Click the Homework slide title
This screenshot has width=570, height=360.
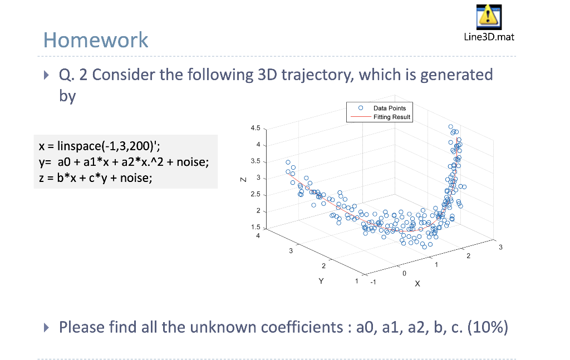96,40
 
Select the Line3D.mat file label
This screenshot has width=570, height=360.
488,37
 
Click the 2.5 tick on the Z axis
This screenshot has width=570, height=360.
255,194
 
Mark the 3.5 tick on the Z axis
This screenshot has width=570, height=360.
255,161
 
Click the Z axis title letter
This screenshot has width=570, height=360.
242,179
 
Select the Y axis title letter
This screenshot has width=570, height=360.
320,281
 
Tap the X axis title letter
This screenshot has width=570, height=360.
417,284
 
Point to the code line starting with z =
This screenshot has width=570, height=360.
95,178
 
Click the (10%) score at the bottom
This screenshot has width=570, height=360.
488,326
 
